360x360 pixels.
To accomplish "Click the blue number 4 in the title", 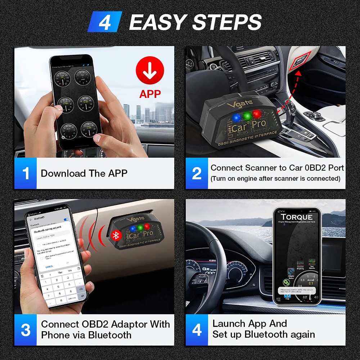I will click(105, 23).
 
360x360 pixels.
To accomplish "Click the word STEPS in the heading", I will click(227, 23).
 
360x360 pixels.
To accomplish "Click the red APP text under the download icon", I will click(150, 94).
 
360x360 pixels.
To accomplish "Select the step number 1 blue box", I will click(26, 173).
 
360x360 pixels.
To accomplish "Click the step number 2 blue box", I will click(197, 173).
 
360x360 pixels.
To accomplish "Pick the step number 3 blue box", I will click(26, 330).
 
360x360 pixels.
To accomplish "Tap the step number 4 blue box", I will click(197, 330).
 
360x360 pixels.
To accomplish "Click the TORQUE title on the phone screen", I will click(297, 217).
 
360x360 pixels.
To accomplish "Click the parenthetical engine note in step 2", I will click(275, 179).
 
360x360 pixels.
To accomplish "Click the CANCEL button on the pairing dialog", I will click(49, 266).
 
